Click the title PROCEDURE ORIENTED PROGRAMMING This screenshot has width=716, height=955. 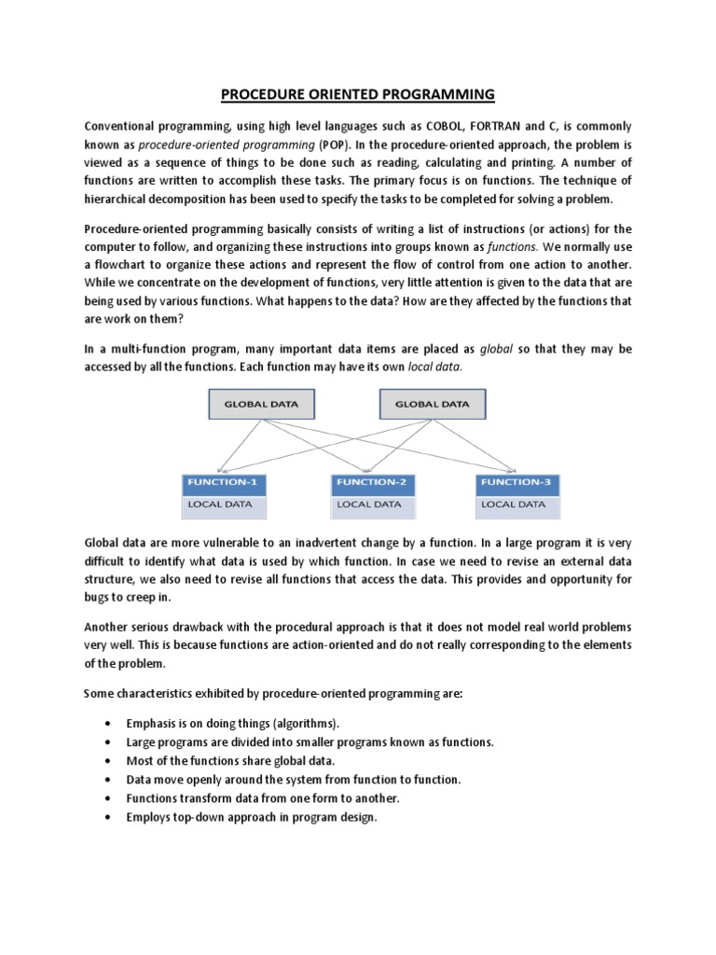pos(358,94)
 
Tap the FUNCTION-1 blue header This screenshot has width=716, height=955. pos(224,483)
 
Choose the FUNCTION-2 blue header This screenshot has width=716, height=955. pos(373,483)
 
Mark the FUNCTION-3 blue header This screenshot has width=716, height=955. pos(517,483)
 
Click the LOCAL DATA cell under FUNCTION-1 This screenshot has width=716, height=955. pos(224,505)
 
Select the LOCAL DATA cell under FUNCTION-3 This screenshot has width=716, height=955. pos(517,505)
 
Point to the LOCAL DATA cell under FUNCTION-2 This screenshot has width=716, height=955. pos(373,505)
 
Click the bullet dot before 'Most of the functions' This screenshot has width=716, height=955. pos(110,761)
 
